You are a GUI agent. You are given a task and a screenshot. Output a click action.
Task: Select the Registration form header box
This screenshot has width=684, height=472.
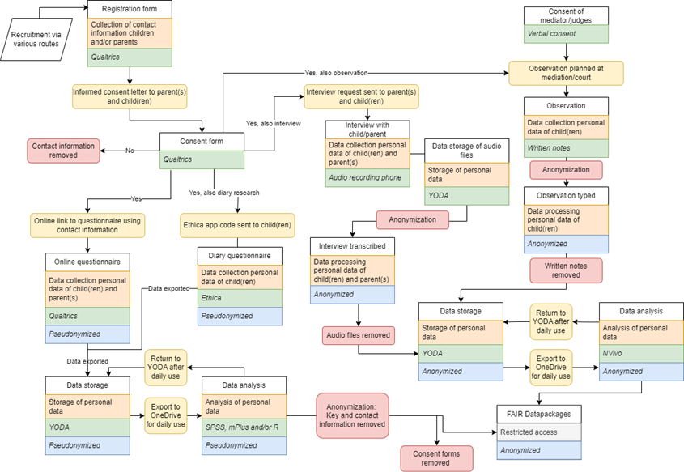coord(130,10)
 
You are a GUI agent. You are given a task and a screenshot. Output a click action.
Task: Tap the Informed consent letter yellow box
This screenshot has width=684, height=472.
coord(130,96)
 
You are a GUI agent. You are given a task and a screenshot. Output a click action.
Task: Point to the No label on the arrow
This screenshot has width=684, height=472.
coord(129,151)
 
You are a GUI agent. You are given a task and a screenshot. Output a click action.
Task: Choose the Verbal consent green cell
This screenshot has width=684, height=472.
coord(565,34)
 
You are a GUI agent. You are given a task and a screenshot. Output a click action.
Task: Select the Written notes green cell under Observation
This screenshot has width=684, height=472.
coord(565,149)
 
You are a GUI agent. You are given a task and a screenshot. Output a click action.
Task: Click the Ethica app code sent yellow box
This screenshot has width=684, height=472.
coord(235,223)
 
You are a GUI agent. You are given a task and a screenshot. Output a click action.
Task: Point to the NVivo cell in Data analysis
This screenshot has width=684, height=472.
coord(641,354)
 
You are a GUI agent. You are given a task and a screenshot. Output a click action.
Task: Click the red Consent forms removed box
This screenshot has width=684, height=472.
coord(435,457)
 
